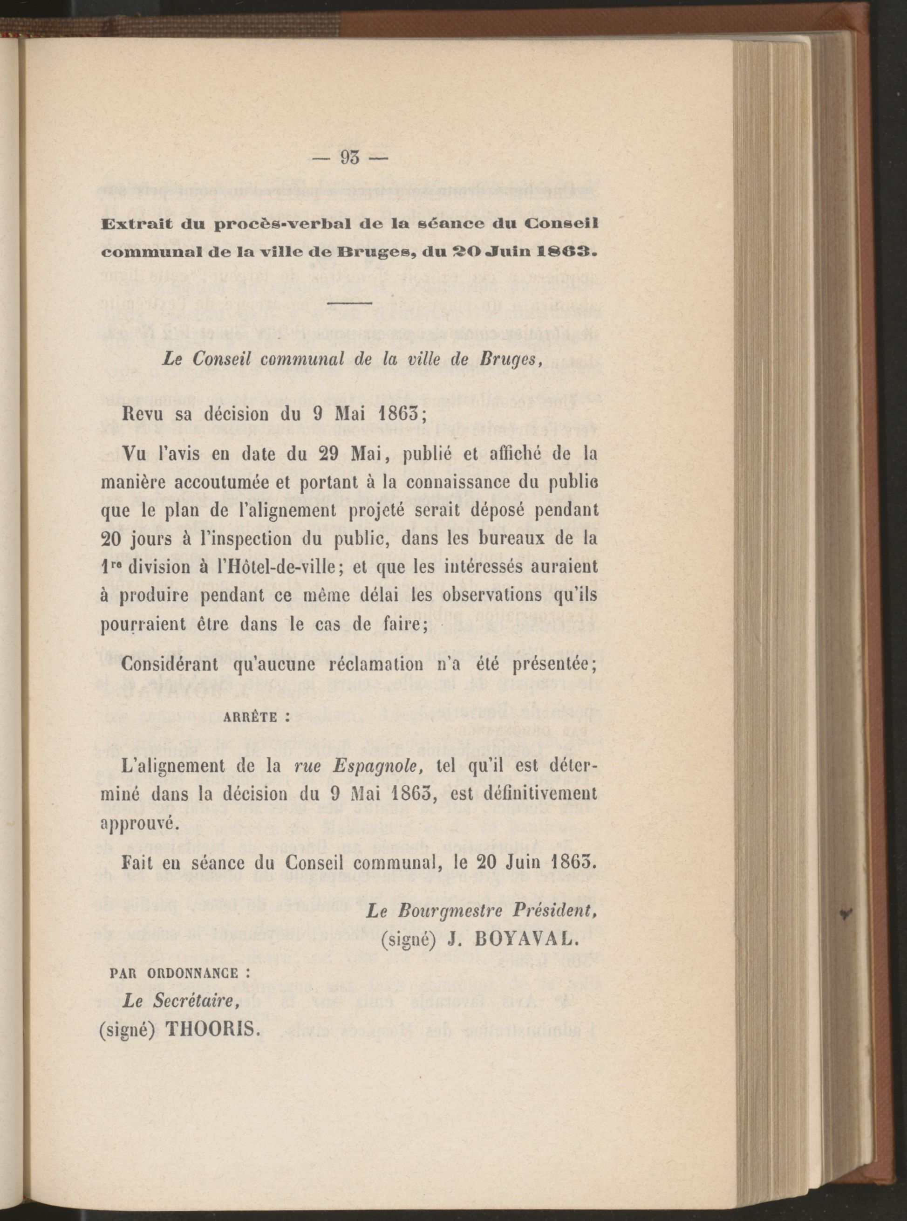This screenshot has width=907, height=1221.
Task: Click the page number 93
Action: point(349,158)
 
